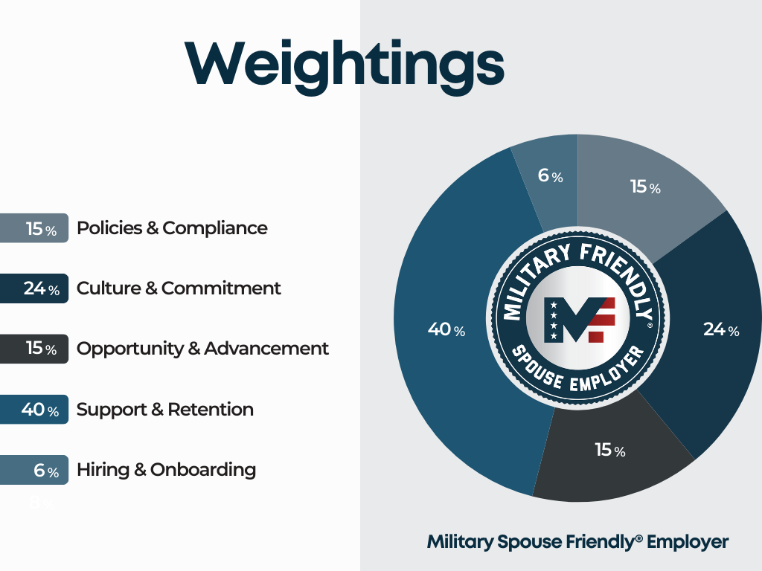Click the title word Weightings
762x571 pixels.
click(345, 65)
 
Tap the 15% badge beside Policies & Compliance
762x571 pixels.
click(34, 228)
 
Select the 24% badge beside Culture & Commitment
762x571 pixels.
click(34, 288)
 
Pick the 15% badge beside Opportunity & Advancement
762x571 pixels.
click(34, 349)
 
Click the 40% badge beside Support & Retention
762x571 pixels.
click(34, 410)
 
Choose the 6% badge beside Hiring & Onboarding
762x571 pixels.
click(34, 470)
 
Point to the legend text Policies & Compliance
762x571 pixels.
click(172, 228)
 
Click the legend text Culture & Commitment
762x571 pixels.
click(179, 288)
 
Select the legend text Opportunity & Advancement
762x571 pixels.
click(202, 349)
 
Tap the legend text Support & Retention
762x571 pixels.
click(165, 410)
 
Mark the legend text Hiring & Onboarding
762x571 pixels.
click(166, 470)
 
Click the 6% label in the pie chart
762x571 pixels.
click(550, 175)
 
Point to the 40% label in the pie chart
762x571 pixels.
click(446, 329)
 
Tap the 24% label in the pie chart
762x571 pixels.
click(721, 329)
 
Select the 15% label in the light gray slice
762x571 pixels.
click(645, 187)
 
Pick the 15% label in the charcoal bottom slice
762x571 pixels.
click(610, 450)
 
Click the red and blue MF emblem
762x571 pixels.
click(579, 320)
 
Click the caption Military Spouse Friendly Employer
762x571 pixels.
click(577, 542)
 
